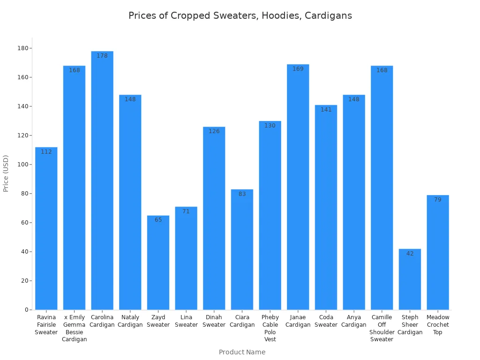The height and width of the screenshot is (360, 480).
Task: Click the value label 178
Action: [102, 56]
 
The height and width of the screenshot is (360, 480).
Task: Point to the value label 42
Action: [410, 254]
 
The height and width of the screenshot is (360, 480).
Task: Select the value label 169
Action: [298, 69]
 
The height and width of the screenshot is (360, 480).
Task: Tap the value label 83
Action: [242, 194]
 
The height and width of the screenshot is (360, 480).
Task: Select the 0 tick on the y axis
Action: [27, 310]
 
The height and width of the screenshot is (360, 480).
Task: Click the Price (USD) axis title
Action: [6, 173]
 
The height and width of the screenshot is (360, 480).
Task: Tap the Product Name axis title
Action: [242, 352]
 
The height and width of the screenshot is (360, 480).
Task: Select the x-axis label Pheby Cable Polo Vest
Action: [270, 328]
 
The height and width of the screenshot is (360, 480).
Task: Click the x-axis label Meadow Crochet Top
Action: [438, 325]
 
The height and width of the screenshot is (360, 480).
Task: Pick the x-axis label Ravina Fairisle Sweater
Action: [46, 325]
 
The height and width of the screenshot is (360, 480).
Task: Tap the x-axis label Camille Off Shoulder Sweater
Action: [382, 328]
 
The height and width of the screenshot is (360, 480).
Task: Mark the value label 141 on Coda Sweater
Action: [326, 110]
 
